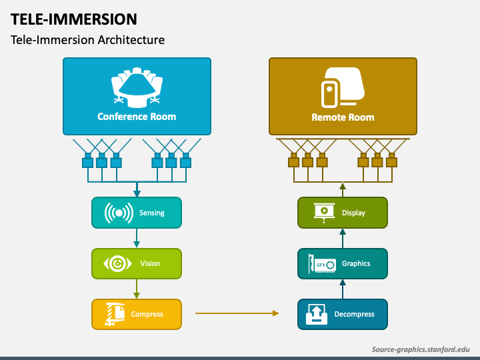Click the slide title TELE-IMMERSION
(x=74, y=19)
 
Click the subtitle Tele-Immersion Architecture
(x=87, y=40)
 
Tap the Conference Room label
(x=137, y=117)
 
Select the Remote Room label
(x=343, y=117)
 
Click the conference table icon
(x=137, y=87)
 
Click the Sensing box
(x=136, y=213)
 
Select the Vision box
(x=136, y=263)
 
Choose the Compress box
(x=136, y=314)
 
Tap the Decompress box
(x=342, y=314)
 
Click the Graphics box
(x=342, y=263)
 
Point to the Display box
(x=342, y=213)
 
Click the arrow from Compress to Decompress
(x=237, y=312)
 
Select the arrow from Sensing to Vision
(x=136, y=238)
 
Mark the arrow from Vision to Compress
(x=136, y=289)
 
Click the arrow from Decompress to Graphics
(x=343, y=289)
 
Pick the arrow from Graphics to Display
(x=343, y=238)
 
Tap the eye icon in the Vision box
(x=117, y=264)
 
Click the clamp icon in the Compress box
(x=115, y=314)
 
